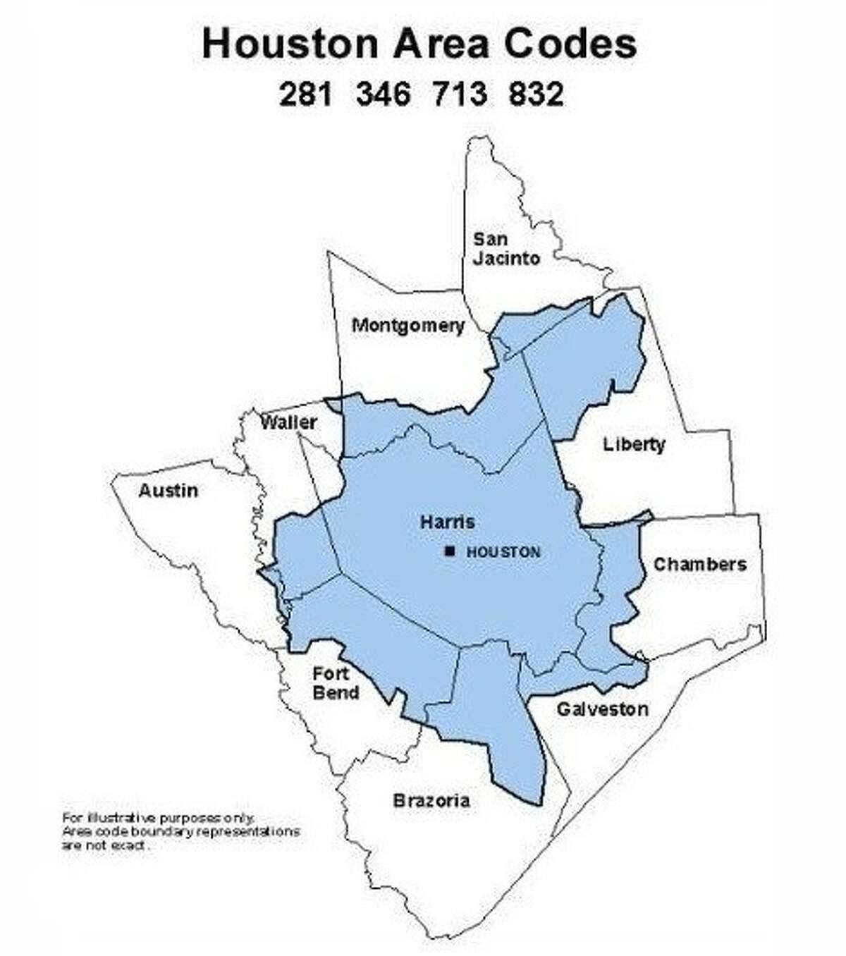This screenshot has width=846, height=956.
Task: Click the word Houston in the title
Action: (290, 44)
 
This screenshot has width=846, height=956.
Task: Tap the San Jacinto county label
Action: (506, 249)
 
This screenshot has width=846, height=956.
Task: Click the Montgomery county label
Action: (408, 326)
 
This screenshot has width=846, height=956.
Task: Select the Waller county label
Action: (288, 423)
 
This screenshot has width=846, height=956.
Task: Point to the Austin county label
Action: (168, 491)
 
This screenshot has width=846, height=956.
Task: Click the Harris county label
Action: (447, 522)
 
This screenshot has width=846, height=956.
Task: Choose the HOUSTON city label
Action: (503, 553)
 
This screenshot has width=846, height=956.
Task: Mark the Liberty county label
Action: (634, 445)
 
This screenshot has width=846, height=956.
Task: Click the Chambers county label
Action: (699, 565)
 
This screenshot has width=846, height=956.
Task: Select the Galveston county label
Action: (602, 709)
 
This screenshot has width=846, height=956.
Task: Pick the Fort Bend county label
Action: (336, 683)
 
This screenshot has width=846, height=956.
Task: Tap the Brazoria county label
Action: (431, 801)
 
